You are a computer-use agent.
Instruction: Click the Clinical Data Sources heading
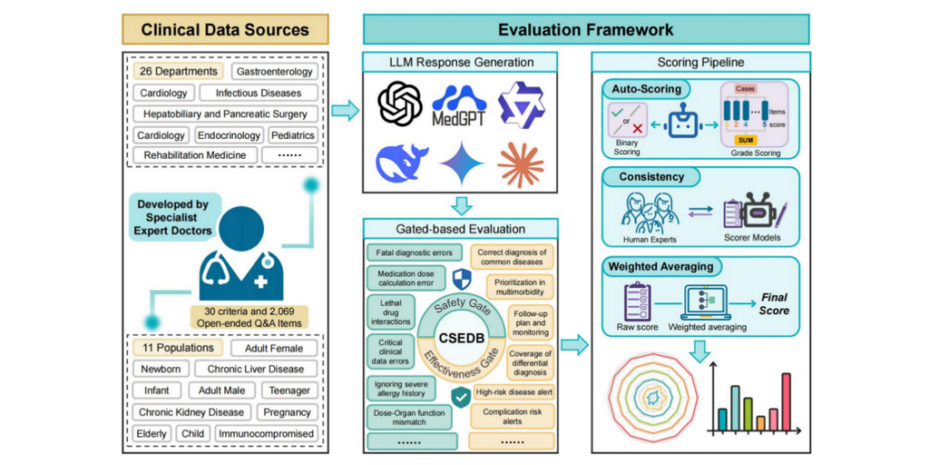[225, 29]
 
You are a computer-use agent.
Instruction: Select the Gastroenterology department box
[274, 71]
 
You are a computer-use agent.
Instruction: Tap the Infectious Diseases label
[258, 93]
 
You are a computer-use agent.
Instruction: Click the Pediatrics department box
[292, 135]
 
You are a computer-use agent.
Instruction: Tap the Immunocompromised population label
[266, 433]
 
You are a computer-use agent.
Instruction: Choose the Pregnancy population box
[287, 411]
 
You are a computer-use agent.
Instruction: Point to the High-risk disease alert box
[513, 392]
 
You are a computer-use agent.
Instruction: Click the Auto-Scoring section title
[646, 89]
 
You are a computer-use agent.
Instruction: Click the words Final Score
[774, 303]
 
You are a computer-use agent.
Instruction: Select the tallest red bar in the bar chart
[786, 400]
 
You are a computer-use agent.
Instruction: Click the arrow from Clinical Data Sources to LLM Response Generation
[344, 112]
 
